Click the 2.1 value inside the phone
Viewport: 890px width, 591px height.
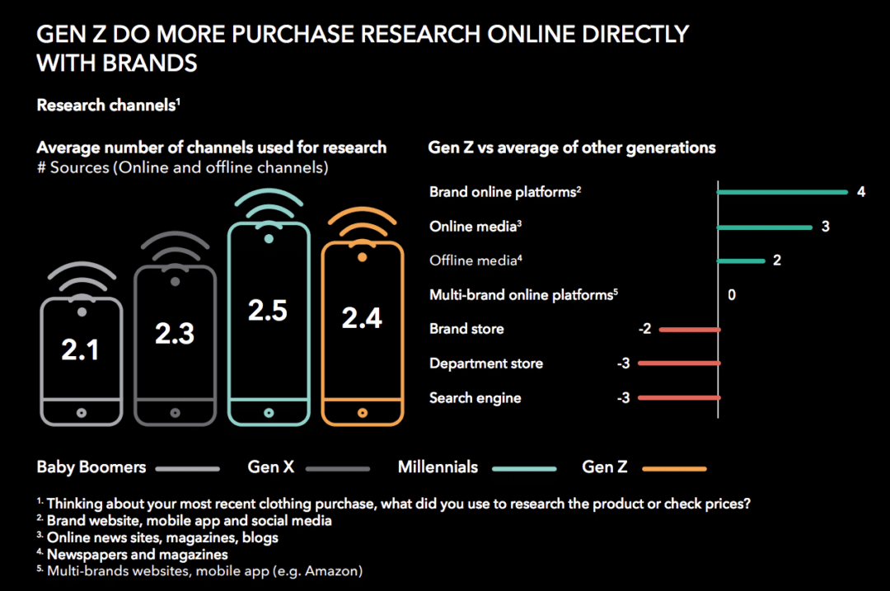(80, 349)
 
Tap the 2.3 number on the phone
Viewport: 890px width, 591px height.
(175, 333)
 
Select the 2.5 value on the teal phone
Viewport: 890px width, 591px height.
(268, 310)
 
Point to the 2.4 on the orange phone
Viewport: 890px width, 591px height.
(362, 317)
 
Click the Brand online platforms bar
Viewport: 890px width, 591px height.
(782, 192)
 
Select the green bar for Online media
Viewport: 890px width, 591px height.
(765, 227)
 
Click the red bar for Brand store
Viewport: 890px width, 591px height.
(690, 330)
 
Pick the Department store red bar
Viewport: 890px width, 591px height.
(678, 364)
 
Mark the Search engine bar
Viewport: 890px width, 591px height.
(678, 398)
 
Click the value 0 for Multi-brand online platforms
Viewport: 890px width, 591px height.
(732, 294)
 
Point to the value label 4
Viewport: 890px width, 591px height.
(860, 192)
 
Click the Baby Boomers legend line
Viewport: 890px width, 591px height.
(187, 468)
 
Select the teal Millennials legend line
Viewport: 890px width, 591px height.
(524, 468)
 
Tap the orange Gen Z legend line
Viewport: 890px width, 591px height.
(674, 468)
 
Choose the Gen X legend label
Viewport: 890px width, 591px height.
(270, 467)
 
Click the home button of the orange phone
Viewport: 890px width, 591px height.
(362, 411)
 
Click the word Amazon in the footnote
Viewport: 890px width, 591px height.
(335, 570)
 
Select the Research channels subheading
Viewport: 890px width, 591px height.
(107, 106)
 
